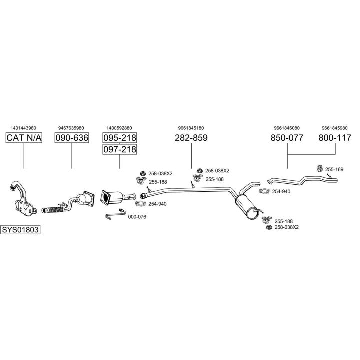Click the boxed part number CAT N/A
tap(24, 138)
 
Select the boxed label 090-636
tap(71, 138)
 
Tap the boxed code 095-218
tap(119, 138)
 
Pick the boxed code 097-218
tap(119, 149)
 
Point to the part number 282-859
tap(191, 138)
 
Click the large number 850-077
tap(287, 138)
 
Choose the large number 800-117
tap(334, 138)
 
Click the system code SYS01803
tap(21, 230)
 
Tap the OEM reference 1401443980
tap(24, 127)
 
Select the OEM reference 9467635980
tap(71, 127)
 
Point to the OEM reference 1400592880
tap(119, 127)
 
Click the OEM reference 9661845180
tap(191, 127)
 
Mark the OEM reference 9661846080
tap(287, 127)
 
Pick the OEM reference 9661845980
tap(334, 127)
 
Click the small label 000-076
tap(137, 217)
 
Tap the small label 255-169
tap(334, 170)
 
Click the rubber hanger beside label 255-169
tap(320, 168)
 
